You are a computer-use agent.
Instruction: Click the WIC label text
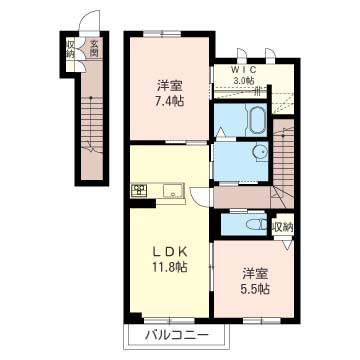pyautogui.click(x=243, y=70)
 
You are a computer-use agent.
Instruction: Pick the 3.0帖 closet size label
pyautogui.click(x=243, y=80)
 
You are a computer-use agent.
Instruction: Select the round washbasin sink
pyautogui.click(x=259, y=152)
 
